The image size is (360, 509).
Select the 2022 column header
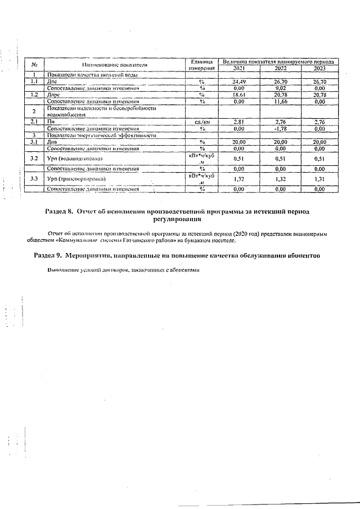click(x=280, y=68)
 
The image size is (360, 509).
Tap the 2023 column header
click(x=319, y=68)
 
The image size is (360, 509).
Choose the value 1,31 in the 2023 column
click(x=319, y=179)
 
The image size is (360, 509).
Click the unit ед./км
click(x=202, y=121)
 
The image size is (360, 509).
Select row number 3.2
click(x=34, y=159)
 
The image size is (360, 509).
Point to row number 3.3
click(x=34, y=179)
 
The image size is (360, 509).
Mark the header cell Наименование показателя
click(x=115, y=65)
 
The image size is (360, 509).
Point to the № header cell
click(x=34, y=65)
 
